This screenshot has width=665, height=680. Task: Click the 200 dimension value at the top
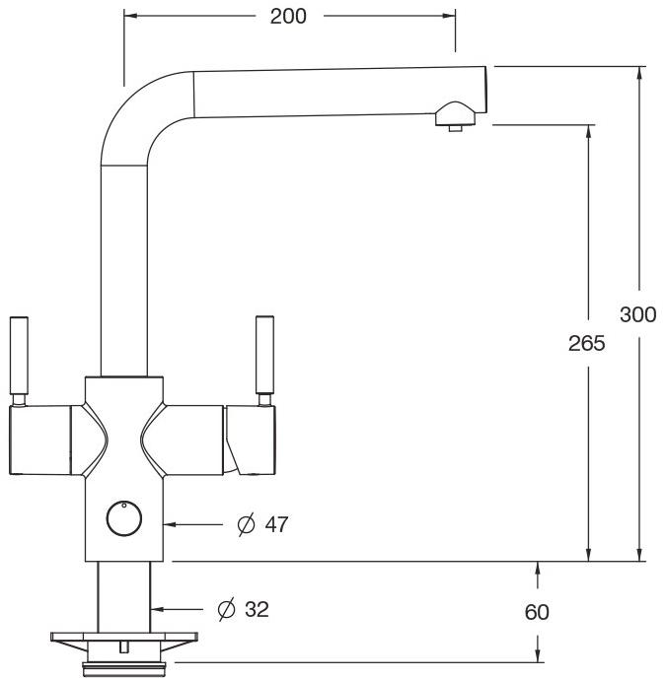pyautogui.click(x=288, y=16)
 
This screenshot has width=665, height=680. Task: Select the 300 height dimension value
pyautogui.click(x=638, y=314)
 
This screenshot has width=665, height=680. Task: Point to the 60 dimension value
pyautogui.click(x=537, y=612)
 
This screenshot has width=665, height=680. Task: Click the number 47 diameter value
pyautogui.click(x=276, y=524)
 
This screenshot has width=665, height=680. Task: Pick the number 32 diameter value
pyautogui.click(x=257, y=610)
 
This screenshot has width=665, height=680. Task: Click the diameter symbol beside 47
pyautogui.click(x=246, y=524)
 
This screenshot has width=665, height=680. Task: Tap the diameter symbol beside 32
pyautogui.click(x=226, y=610)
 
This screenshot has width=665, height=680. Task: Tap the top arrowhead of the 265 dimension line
pyautogui.click(x=589, y=132)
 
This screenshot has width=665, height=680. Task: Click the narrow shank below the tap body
pyautogui.click(x=124, y=596)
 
